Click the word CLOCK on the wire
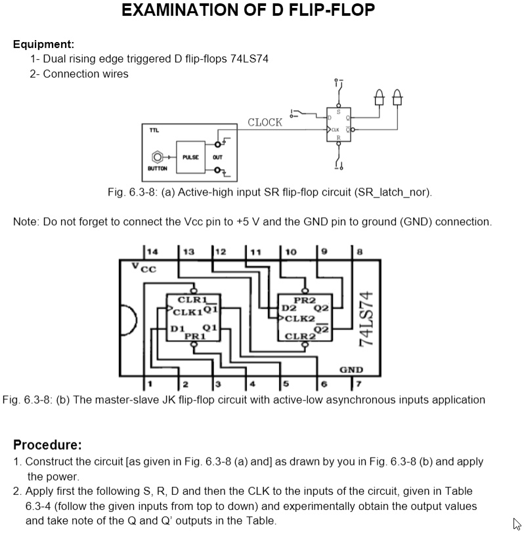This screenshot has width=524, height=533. (265, 122)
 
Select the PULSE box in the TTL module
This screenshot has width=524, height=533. (190, 158)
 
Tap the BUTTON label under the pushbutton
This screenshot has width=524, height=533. (157, 169)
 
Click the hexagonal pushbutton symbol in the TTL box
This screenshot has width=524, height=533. (157, 158)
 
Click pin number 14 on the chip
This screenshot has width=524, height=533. (152, 251)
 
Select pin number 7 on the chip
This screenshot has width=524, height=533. (357, 383)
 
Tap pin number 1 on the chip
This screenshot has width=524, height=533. (150, 383)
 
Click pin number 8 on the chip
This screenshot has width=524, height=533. (359, 251)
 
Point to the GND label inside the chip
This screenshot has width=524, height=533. (351, 370)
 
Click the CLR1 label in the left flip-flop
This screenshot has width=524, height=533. (192, 300)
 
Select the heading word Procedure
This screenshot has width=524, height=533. (47, 444)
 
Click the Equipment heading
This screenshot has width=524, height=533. (43, 45)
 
